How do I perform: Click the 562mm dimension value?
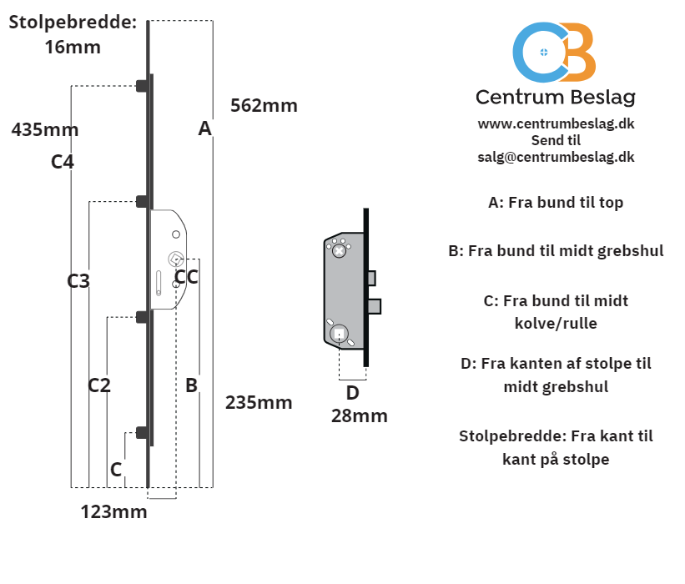(264, 106)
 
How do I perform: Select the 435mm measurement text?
(45, 129)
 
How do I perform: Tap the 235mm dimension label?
(259, 402)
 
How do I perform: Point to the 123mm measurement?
(113, 512)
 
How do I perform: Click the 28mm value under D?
(359, 415)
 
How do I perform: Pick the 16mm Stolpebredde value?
(73, 48)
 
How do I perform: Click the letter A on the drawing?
(205, 128)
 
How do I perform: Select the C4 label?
(63, 162)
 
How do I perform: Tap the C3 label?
(78, 281)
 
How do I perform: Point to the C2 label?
(99, 385)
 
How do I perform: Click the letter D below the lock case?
(353, 393)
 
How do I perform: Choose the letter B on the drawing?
(191, 385)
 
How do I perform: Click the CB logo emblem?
(554, 52)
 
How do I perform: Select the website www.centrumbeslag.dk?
(556, 123)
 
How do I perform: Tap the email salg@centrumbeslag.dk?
(556, 157)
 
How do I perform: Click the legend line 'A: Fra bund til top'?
(556, 202)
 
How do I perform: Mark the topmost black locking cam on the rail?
(143, 86)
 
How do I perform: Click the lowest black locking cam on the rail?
(143, 433)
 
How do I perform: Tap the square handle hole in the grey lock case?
(339, 335)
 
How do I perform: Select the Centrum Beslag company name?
(556, 98)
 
